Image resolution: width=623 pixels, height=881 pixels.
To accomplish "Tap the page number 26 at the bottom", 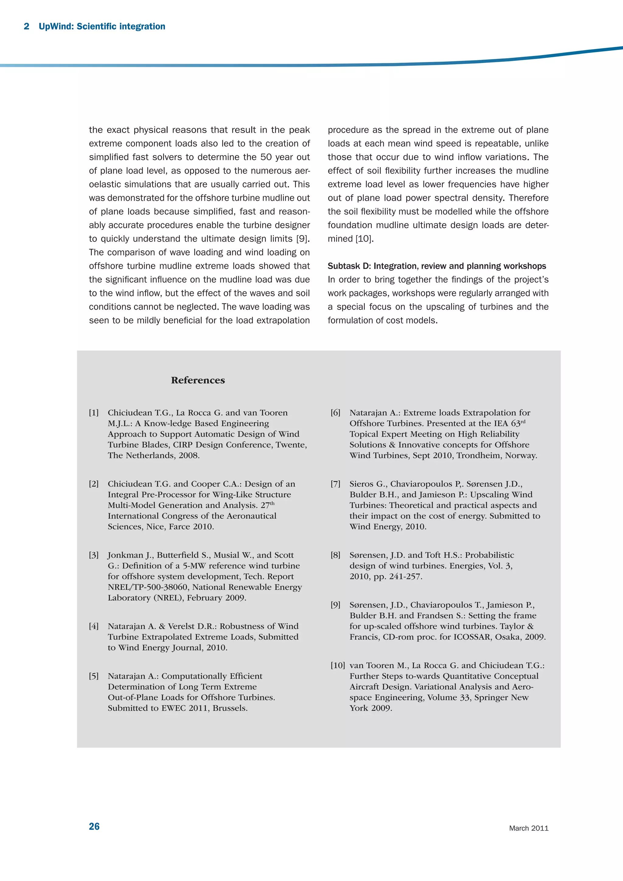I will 94,827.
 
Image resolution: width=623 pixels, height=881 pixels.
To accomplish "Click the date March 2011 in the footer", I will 529,828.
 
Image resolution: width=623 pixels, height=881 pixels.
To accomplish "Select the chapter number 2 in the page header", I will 26,26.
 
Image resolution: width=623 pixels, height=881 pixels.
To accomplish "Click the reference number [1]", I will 94,413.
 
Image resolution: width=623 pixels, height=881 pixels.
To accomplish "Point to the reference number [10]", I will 338,665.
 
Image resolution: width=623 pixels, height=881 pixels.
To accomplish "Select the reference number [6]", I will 335,413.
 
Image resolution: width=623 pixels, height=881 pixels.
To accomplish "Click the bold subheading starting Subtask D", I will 437,266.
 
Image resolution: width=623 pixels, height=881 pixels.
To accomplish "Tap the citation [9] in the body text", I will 303,239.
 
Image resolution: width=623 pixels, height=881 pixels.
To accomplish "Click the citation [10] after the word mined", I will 364,239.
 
